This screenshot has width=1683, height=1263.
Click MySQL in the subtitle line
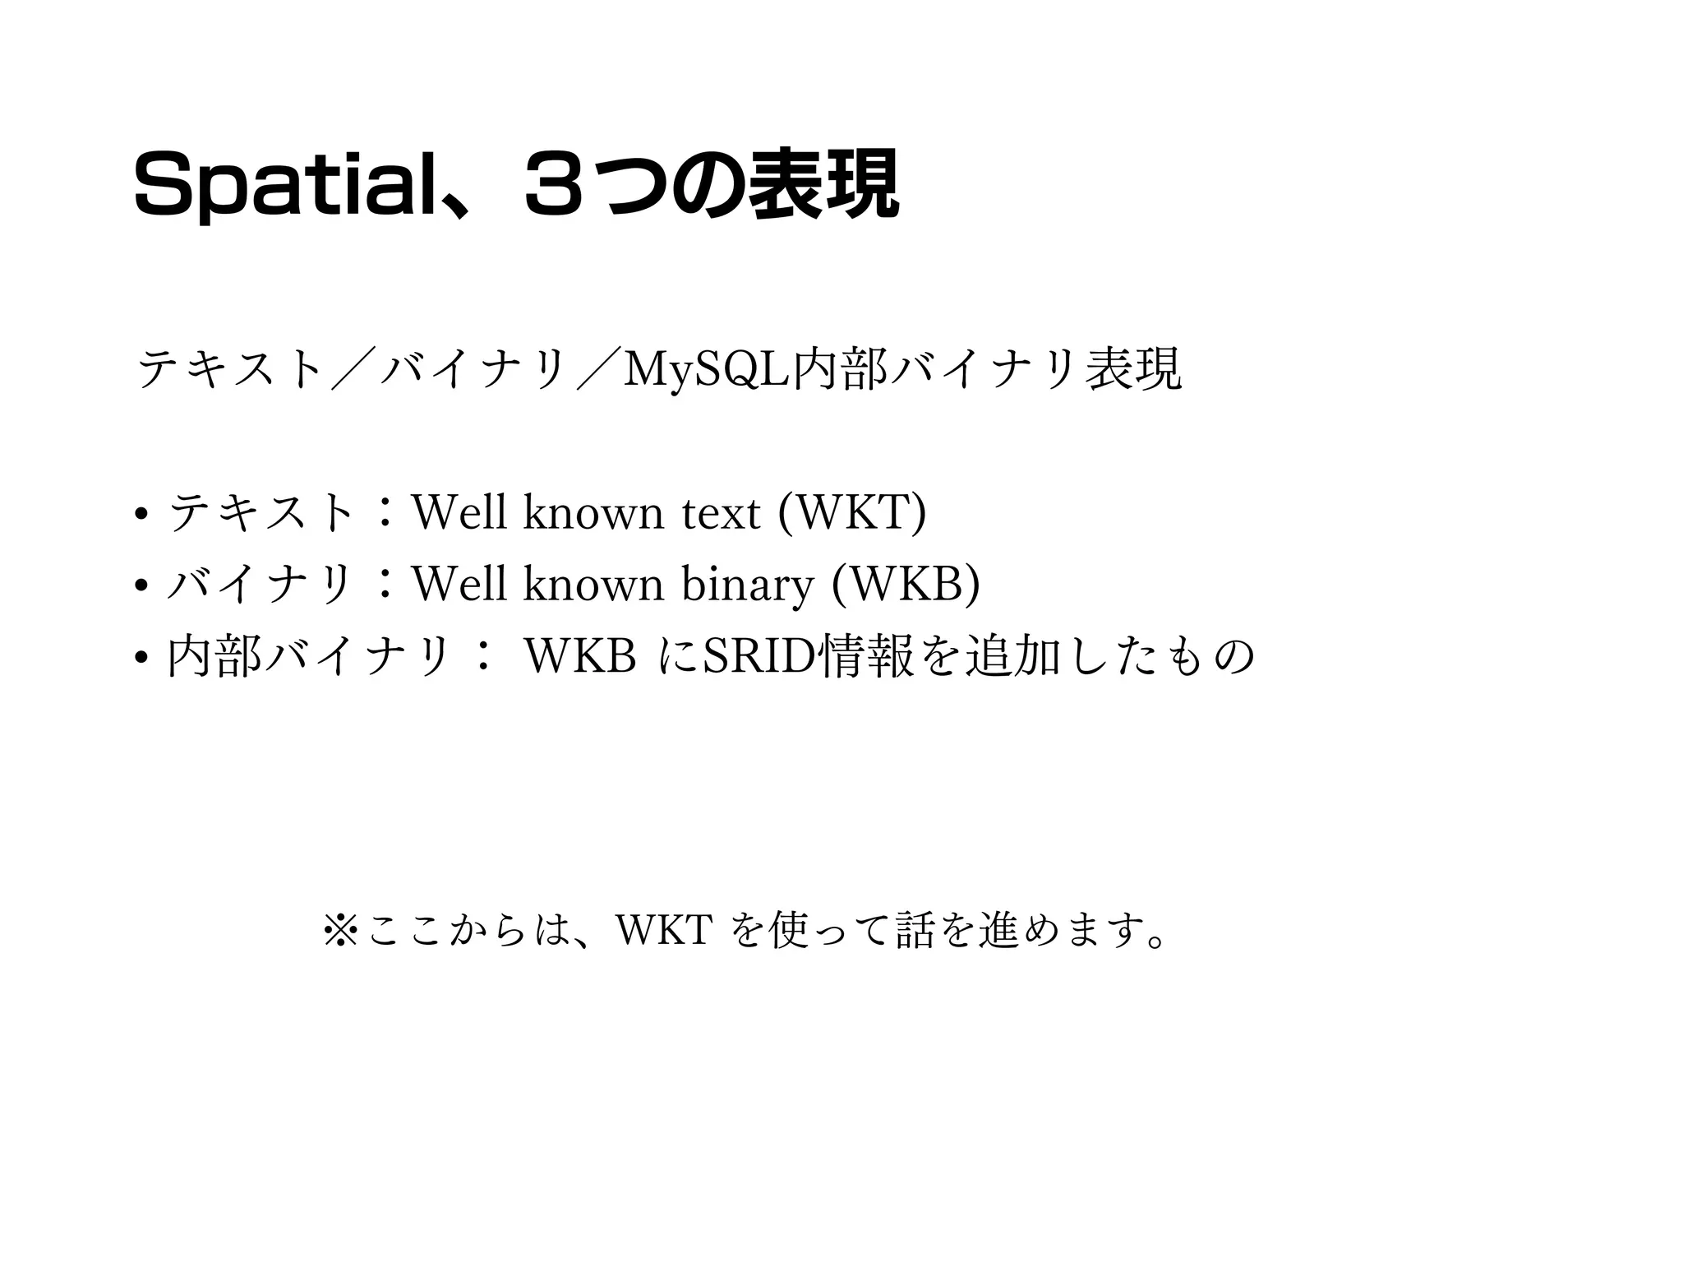coord(705,369)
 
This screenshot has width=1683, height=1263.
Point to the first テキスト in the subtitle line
coord(229,369)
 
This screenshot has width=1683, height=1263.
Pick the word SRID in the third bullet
coord(759,656)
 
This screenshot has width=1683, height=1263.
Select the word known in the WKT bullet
coord(593,513)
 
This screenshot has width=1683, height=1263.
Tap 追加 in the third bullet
coord(1012,656)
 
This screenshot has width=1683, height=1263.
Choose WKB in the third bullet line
coord(580,656)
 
